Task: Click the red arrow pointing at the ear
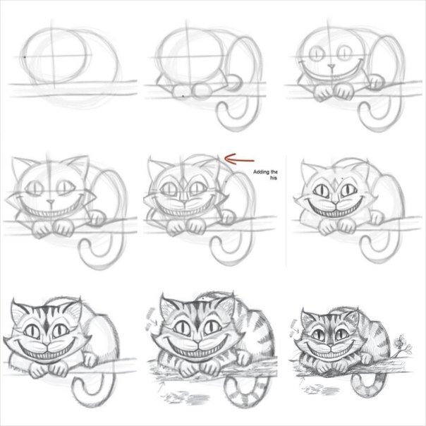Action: tap(239, 159)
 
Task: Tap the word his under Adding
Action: tap(274, 178)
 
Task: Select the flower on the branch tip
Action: tap(401, 342)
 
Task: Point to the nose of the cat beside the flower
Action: tap(331, 346)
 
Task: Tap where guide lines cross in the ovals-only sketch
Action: tap(52, 57)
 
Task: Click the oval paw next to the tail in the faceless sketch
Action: tap(234, 82)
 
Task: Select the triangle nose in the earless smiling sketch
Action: tap(331, 66)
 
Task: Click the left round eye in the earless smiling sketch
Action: tap(316, 54)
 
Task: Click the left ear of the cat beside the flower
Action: tap(308, 317)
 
